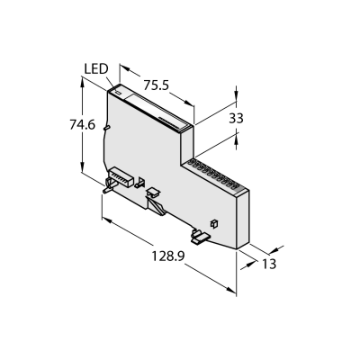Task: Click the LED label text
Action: point(96,69)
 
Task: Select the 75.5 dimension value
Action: point(156,85)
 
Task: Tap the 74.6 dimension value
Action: point(82,124)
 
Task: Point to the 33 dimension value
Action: point(236,119)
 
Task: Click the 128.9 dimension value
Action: point(167,256)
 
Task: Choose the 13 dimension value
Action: point(269,264)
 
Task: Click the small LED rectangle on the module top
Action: point(118,93)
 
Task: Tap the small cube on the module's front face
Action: point(214,224)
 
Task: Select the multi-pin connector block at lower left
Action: point(121,177)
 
